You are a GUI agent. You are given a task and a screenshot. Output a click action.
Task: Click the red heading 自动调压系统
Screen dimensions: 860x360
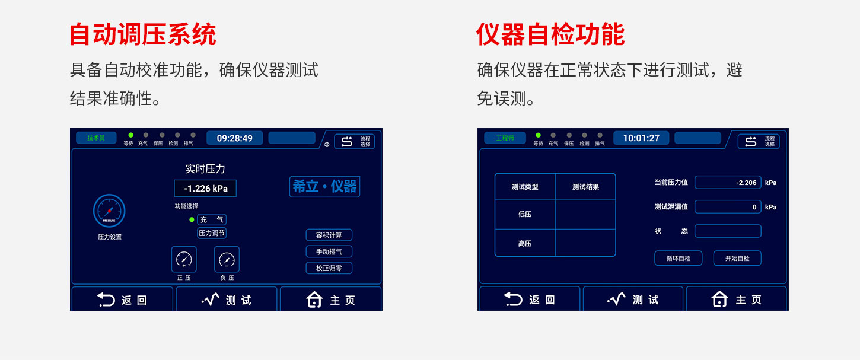tap(143, 34)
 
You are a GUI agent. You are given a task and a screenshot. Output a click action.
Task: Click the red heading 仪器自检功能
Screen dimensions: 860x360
tap(550, 34)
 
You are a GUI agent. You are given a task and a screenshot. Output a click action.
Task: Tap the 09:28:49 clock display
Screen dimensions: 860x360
tap(235, 138)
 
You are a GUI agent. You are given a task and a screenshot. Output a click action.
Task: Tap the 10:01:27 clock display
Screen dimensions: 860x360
tap(641, 138)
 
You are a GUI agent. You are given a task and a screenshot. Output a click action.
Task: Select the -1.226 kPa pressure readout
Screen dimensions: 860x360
tap(205, 189)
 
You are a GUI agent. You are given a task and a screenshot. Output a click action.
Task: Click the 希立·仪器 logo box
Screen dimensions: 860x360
tap(324, 187)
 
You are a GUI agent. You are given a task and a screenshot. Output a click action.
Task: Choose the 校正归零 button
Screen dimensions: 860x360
tap(329, 268)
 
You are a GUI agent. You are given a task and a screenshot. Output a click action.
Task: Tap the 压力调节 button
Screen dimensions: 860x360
tap(212, 233)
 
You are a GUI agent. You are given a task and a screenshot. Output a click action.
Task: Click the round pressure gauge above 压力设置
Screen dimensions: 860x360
tap(109, 211)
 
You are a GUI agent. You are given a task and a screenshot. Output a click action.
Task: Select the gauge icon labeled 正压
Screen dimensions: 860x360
tap(184, 259)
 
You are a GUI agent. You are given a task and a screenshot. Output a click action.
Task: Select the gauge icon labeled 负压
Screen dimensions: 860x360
tap(227, 259)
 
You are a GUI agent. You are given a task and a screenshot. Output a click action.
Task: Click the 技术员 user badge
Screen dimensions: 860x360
tap(96, 138)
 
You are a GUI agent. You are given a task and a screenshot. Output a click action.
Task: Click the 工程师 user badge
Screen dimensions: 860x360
tap(505, 138)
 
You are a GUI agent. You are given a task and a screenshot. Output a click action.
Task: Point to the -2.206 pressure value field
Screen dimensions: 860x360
tap(728, 183)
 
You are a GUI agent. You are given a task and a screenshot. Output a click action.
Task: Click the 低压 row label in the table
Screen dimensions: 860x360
tap(525, 214)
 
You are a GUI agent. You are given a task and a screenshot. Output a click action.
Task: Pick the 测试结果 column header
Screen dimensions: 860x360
tap(585, 187)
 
